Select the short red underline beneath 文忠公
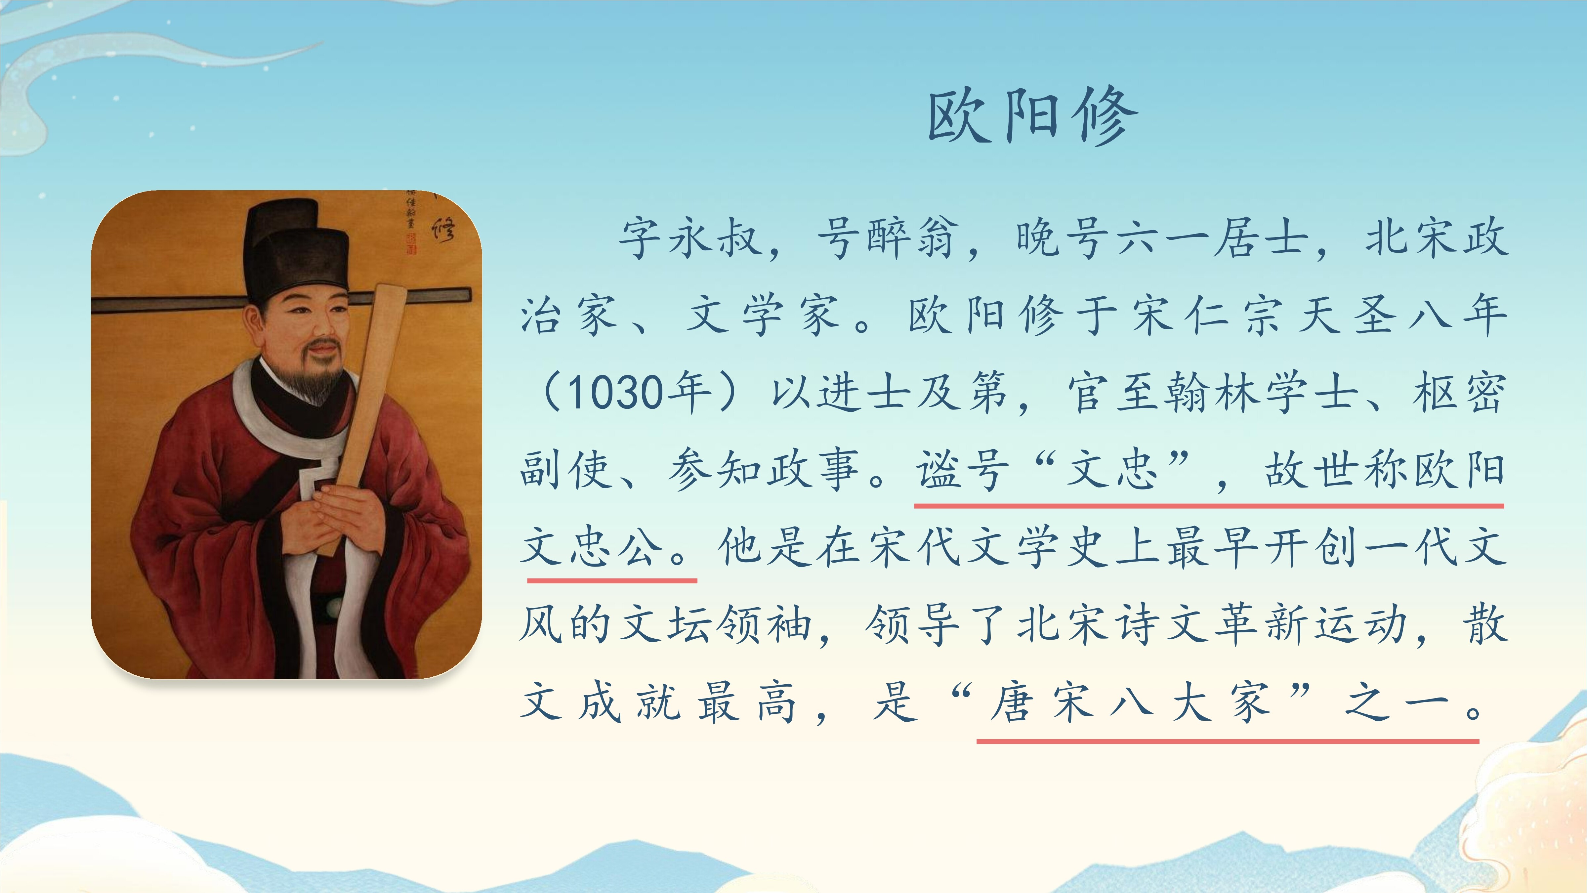tap(612, 580)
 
